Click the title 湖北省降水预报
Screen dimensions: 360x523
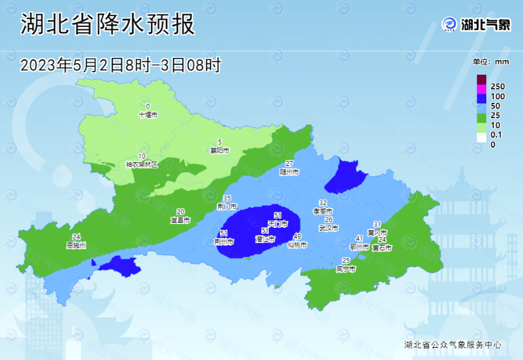point(108,25)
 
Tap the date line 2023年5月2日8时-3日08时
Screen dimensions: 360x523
point(120,65)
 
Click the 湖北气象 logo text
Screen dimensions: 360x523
point(486,25)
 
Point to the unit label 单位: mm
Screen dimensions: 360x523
point(491,62)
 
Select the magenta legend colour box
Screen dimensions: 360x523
point(481,89)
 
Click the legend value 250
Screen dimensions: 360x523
point(497,87)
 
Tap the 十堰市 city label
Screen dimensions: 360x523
point(148,114)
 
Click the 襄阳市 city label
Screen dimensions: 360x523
point(220,150)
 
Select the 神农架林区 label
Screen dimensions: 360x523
point(142,164)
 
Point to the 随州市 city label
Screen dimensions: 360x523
point(289,172)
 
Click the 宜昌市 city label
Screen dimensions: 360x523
point(181,220)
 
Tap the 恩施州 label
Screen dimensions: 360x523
point(76,245)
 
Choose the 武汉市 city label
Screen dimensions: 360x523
point(328,228)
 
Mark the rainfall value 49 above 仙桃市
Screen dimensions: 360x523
point(297,236)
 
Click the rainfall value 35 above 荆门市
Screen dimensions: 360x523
point(227,198)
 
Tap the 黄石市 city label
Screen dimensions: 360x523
point(382,248)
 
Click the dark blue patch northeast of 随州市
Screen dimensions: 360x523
point(346,175)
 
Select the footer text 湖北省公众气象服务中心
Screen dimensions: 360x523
point(453,345)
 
